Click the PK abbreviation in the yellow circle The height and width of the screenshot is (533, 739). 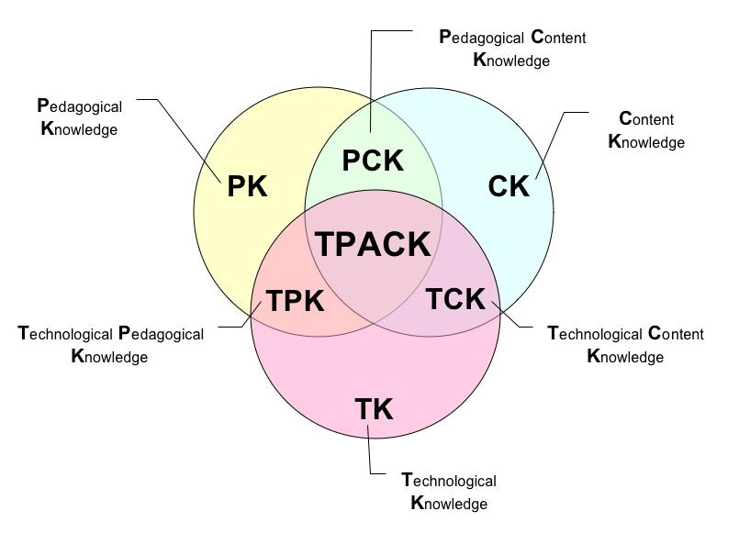click(247, 186)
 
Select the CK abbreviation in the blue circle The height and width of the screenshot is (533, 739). click(509, 186)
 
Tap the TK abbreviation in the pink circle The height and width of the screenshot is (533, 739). click(374, 408)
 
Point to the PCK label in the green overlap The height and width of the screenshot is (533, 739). click(373, 161)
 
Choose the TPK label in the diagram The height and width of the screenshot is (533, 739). click(295, 301)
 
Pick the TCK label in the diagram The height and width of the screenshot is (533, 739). click(456, 298)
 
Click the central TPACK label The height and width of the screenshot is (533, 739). click(373, 244)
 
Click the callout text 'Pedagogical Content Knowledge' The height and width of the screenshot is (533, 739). click(511, 49)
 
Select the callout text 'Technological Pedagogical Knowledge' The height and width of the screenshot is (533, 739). click(110, 345)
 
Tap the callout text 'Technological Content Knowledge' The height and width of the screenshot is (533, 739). click(625, 345)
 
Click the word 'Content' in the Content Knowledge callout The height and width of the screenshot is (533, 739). click(646, 119)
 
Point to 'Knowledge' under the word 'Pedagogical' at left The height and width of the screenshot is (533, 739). click(80, 129)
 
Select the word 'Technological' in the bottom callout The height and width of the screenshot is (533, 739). click(449, 481)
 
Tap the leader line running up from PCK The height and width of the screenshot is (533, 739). click(372, 83)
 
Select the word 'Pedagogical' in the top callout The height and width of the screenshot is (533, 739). click(481, 38)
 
